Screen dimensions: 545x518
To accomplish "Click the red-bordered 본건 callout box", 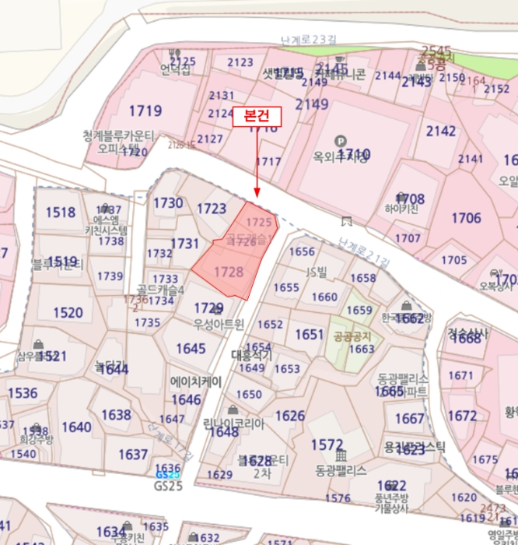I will [x=257, y=115].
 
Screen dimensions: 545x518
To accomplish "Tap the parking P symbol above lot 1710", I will [x=339, y=141].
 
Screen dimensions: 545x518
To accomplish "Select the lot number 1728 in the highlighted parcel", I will [x=229, y=272].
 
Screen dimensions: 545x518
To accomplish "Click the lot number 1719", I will [x=145, y=111].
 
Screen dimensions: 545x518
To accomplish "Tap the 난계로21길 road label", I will [x=363, y=253].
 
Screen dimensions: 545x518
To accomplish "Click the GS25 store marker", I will [x=167, y=474].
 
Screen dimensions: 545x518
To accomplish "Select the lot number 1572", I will [x=327, y=444].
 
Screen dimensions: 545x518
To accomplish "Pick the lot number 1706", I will [x=466, y=218].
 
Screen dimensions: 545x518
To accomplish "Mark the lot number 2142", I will [x=441, y=131].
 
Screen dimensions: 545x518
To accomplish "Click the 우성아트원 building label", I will [x=219, y=323].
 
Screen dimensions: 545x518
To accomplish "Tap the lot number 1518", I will [x=61, y=212].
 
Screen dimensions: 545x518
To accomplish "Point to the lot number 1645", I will [x=191, y=348].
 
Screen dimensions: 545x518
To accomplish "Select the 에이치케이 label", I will [x=196, y=381].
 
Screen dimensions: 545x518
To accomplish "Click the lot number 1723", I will [x=212, y=209].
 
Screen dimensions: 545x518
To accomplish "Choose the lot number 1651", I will [x=309, y=334].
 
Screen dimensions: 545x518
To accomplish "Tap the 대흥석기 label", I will [x=252, y=354].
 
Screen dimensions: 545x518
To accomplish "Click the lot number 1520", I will [x=68, y=312].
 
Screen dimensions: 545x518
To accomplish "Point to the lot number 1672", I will [x=463, y=416].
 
